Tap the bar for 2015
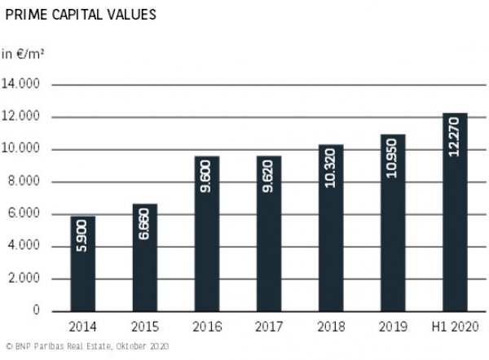tap(144, 257)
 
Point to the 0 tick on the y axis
tap(36, 311)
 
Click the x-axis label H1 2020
tap(455, 327)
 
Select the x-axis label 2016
tap(207, 327)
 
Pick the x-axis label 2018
tap(331, 327)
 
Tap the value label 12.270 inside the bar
tap(455, 138)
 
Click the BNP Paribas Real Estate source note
tap(86, 347)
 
